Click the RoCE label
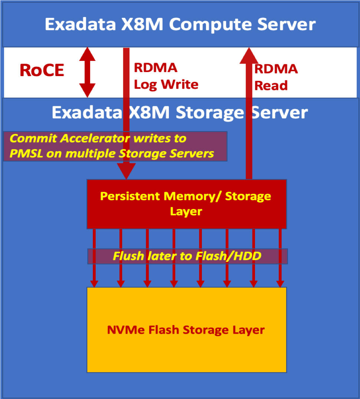click(x=42, y=70)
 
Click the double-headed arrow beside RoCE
click(x=87, y=72)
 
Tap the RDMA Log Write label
click(x=166, y=76)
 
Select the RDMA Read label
click(x=275, y=77)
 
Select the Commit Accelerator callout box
click(x=115, y=146)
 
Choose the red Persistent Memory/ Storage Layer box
click(x=186, y=204)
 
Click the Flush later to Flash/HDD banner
click(x=187, y=256)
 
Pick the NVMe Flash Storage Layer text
click(x=186, y=330)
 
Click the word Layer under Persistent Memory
click(x=186, y=212)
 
